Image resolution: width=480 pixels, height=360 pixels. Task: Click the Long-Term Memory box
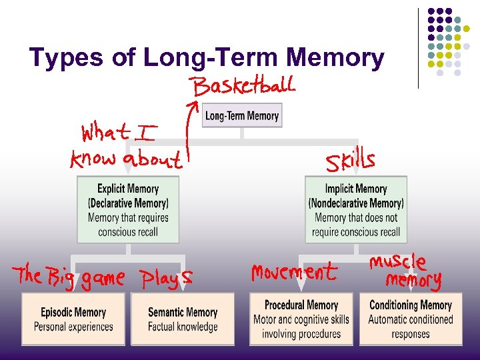(x=241, y=115)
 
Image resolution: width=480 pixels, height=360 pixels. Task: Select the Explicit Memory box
(x=128, y=209)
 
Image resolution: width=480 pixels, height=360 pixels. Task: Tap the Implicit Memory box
(x=356, y=209)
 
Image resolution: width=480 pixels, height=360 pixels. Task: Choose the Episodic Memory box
(x=73, y=319)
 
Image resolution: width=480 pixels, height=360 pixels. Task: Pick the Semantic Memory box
(x=183, y=319)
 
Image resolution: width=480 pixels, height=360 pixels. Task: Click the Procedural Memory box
(x=301, y=319)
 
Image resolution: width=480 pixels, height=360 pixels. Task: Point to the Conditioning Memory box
(x=410, y=319)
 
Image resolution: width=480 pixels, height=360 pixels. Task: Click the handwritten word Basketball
(x=243, y=86)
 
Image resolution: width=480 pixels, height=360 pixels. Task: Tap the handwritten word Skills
(x=350, y=161)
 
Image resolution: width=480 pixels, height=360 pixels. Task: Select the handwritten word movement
(x=294, y=273)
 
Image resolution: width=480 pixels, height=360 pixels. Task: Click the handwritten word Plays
(x=167, y=277)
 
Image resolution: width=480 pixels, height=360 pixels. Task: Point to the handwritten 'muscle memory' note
(x=406, y=271)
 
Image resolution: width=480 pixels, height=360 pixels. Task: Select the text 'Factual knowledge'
(x=183, y=327)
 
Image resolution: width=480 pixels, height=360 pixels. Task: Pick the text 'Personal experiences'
(x=73, y=327)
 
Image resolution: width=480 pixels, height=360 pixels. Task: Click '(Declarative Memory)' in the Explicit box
(x=128, y=203)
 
